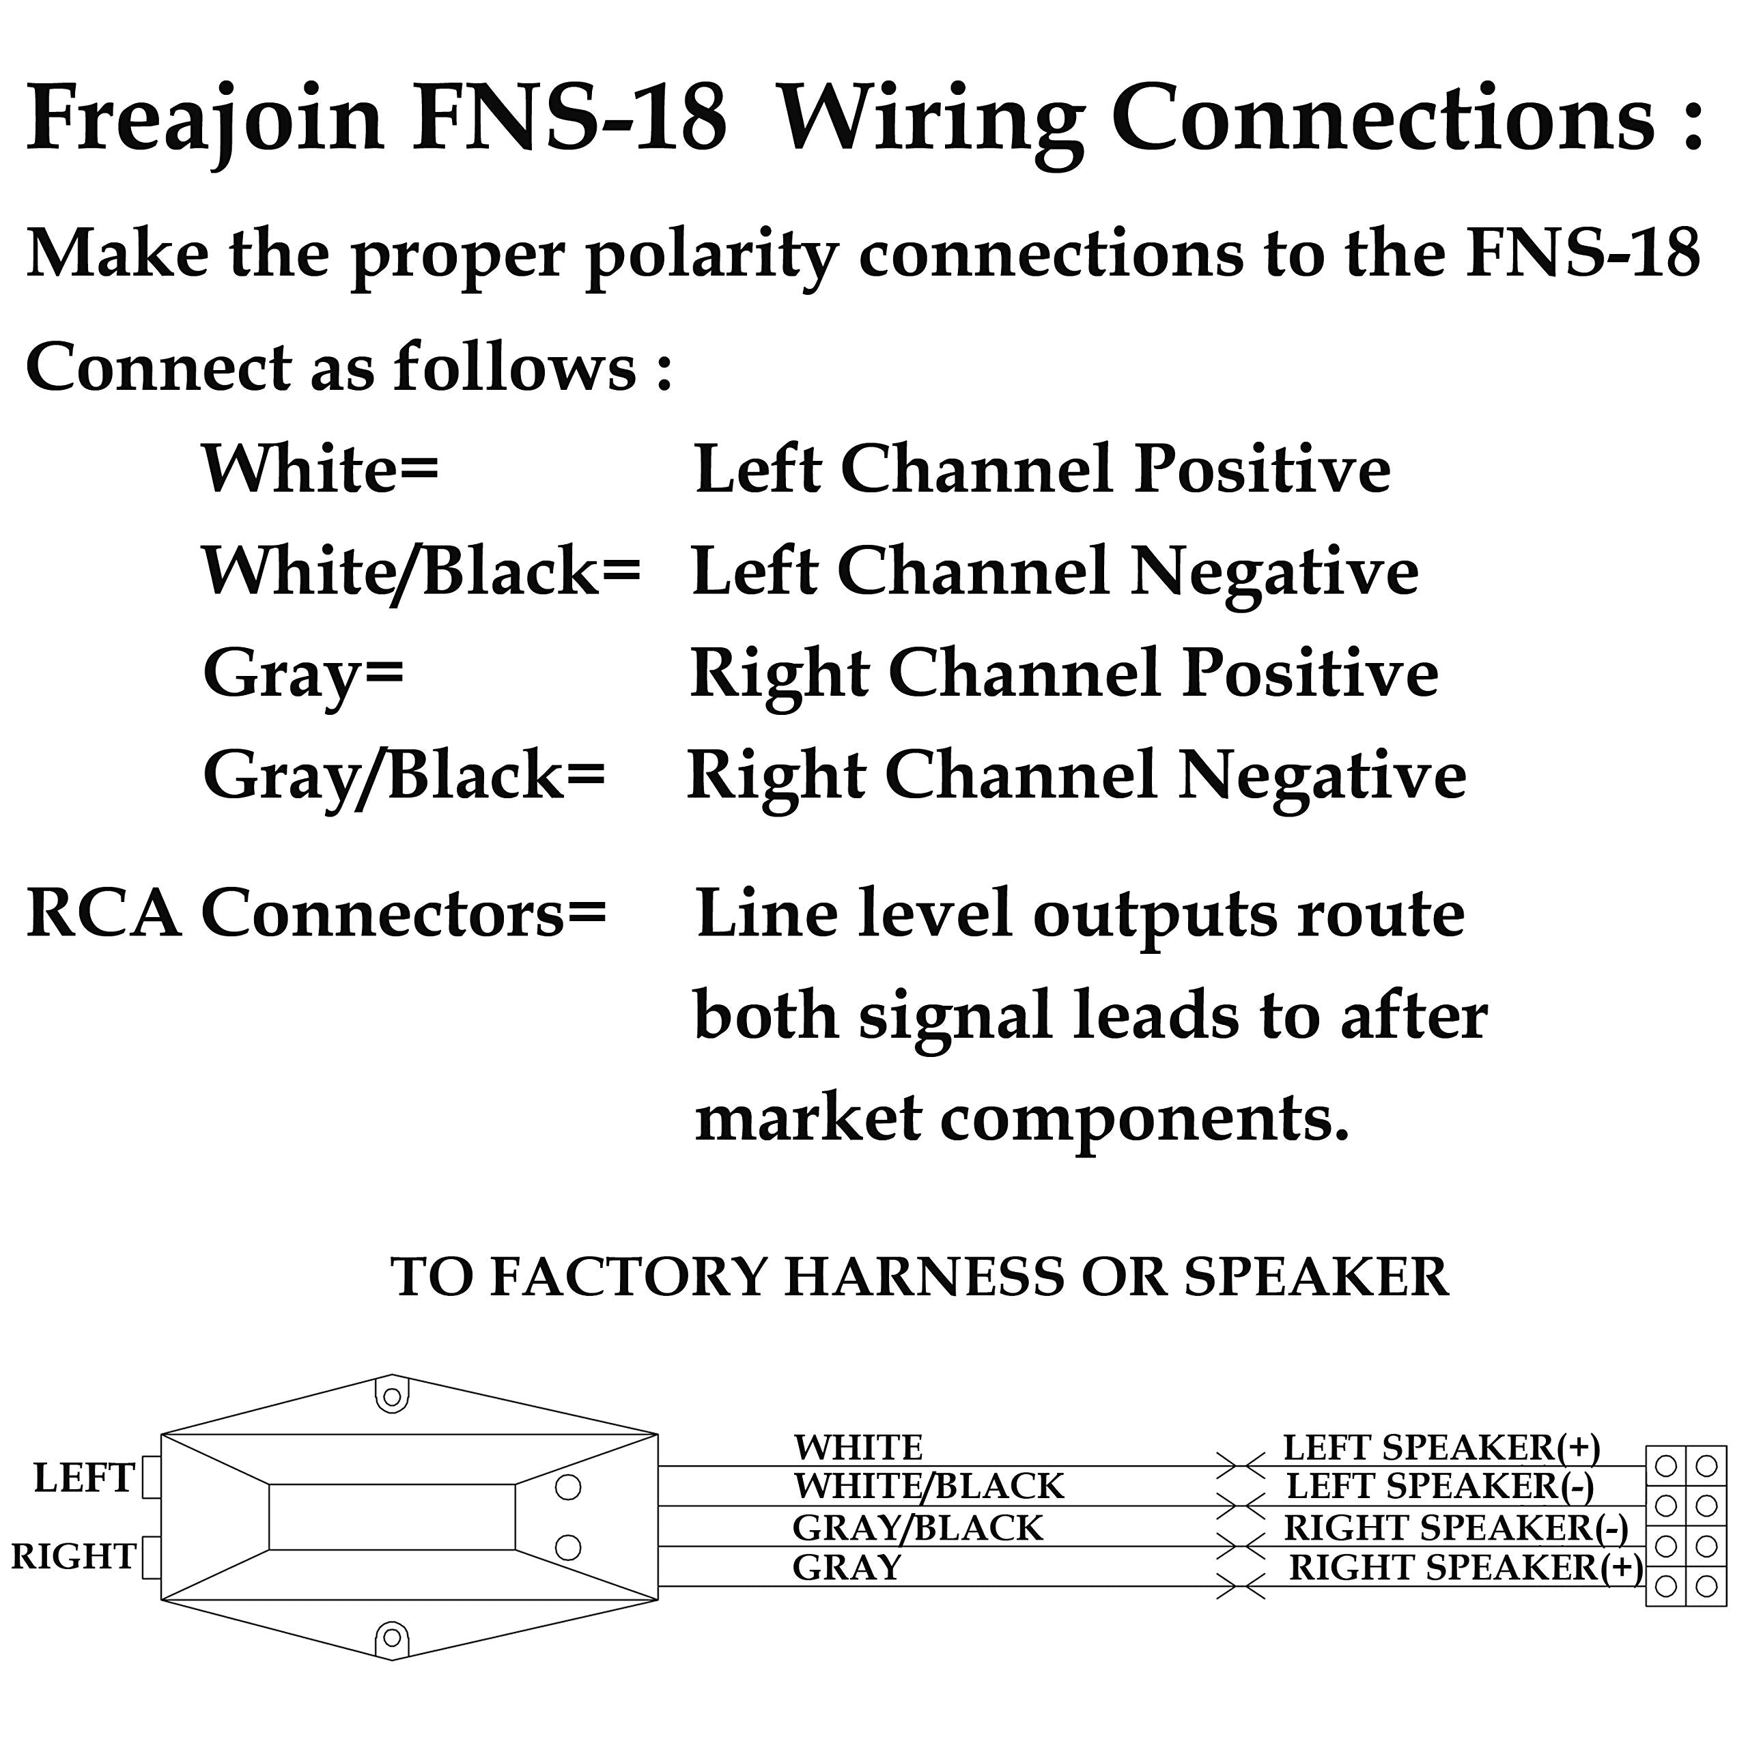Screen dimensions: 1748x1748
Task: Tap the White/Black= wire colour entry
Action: [x=421, y=572]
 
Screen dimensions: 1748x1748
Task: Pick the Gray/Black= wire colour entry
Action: [x=404, y=776]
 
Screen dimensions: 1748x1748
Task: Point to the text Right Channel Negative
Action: [x=1077, y=776]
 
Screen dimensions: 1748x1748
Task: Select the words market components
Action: [x=1021, y=1119]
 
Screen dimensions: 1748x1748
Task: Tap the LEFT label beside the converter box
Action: [x=83, y=1478]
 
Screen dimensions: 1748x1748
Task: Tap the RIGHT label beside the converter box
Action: [x=73, y=1557]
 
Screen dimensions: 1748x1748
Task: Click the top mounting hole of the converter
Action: [x=392, y=1398]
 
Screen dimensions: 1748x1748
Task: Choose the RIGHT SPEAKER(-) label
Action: [x=1456, y=1528]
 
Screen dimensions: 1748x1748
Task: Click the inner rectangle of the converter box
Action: [x=392, y=1517]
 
